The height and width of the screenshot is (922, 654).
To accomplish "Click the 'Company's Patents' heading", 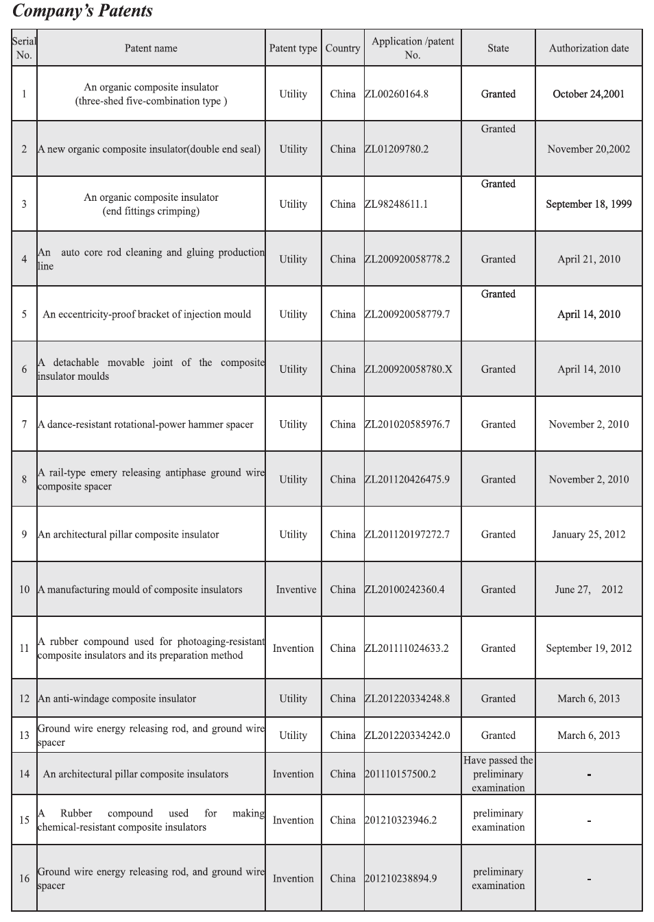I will (83, 11).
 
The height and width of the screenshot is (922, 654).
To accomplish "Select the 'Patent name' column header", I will (151, 48).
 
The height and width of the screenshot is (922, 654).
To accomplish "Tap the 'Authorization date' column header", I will (588, 48).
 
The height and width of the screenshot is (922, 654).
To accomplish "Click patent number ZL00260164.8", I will (397, 94).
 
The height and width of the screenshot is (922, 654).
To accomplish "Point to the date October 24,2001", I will (588, 94).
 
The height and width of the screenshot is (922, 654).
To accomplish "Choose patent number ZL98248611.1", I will (397, 204).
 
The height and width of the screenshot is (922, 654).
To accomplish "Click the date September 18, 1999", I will (588, 204).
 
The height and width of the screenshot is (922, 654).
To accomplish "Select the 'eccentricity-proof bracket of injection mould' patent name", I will (147, 314).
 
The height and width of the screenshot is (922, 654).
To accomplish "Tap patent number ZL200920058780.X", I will (409, 369).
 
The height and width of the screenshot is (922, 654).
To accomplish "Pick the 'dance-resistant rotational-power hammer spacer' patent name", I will (145, 424).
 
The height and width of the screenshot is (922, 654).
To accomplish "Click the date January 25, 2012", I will (588, 534).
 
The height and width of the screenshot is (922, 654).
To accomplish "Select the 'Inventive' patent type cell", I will (296, 589).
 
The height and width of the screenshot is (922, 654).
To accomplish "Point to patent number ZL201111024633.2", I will (407, 648).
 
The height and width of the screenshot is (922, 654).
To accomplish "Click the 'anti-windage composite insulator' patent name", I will (117, 699).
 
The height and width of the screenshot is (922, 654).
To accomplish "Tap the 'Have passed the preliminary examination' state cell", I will (498, 774).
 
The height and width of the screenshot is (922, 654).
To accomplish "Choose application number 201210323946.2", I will (400, 820).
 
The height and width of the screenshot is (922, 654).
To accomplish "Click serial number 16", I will (24, 878).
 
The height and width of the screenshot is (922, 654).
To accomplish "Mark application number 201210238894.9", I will (400, 878).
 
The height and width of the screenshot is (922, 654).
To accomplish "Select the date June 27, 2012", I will (588, 589).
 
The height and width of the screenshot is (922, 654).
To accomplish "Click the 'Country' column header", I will (343, 48).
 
